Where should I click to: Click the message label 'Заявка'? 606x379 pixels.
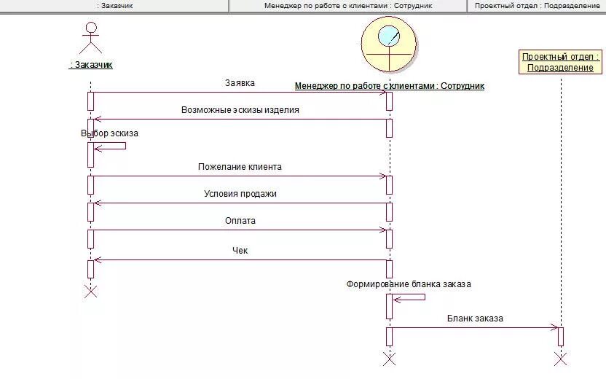coord(240,83)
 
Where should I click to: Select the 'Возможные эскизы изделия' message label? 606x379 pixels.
coord(240,111)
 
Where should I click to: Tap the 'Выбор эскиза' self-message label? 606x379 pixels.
coord(109,134)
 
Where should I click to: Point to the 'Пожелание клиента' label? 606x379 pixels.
coord(240,167)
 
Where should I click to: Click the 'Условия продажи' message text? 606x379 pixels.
coord(240,194)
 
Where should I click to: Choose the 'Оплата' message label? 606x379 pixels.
coord(240,221)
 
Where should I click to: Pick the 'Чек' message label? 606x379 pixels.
coord(240,251)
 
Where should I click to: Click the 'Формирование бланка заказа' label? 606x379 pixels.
coord(408,284)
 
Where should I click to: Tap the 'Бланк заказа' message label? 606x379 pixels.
coord(475,319)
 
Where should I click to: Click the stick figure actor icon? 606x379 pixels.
coord(90,38)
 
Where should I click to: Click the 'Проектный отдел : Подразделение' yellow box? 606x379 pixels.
coord(561,62)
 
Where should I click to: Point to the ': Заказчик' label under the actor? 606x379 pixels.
coord(91,65)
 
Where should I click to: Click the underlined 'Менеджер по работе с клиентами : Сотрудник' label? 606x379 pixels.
coord(389,86)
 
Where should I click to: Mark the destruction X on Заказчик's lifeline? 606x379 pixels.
coord(90,292)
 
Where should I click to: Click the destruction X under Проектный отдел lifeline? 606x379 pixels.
coord(560,358)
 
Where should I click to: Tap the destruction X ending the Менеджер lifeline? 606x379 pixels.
coord(389,358)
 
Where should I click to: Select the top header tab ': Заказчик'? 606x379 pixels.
coord(114,6)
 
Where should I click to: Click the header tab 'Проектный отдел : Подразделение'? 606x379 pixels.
coord(537,6)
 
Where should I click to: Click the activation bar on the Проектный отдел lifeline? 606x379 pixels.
coord(561,337)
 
